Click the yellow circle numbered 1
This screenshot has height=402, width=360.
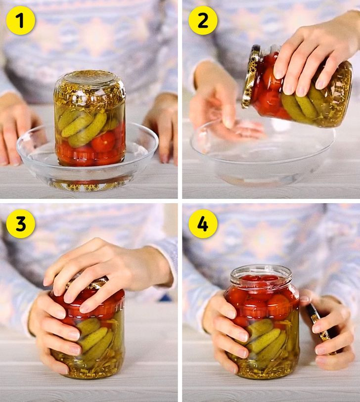click(20, 20)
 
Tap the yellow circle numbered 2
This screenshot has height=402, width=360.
click(203, 20)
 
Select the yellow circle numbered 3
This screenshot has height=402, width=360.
click(20, 223)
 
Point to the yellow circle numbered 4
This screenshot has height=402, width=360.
click(203, 223)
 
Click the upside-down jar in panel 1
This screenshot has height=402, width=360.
click(90, 119)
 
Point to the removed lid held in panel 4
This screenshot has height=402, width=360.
click(320, 328)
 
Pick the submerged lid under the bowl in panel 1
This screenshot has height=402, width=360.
click(87, 185)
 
